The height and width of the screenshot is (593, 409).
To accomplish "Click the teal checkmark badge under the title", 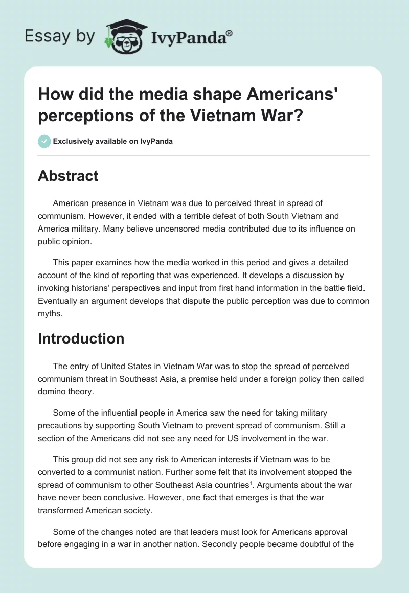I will tap(44, 142).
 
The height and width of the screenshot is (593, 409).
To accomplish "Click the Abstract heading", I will tap(68, 176).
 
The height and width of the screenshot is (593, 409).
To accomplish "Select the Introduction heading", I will tap(81, 338).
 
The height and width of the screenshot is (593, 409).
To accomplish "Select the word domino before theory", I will tap(52, 392).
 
